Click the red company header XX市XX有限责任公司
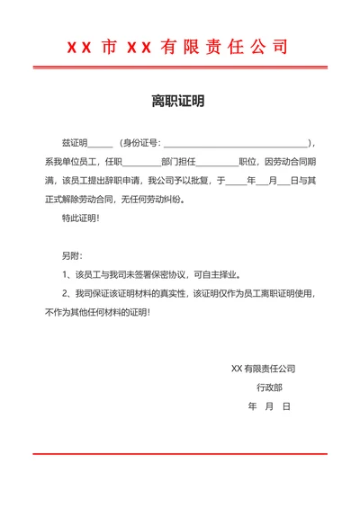(180, 47)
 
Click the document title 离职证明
(180, 102)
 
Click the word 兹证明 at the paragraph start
(73, 143)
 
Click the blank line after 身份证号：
(237, 144)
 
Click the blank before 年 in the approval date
(235, 182)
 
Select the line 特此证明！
(80, 218)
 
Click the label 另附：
(71, 256)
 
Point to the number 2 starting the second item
(64, 294)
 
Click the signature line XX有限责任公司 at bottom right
(264, 369)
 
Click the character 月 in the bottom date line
(269, 406)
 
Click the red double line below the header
(180, 67)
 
